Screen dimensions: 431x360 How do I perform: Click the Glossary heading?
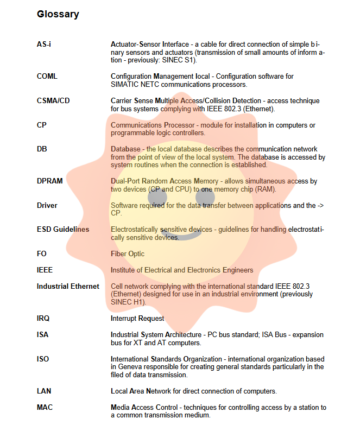pyautogui.click(x=58, y=15)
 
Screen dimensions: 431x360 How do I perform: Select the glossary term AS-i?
pyautogui.click(x=44, y=44)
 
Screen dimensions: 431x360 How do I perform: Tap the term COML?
pyautogui.click(x=47, y=77)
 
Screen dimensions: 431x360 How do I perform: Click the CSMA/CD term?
pyautogui.click(x=53, y=101)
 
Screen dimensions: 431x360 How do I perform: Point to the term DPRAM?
pyautogui.click(x=49, y=181)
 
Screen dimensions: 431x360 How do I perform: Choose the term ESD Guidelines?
pyautogui.click(x=63, y=230)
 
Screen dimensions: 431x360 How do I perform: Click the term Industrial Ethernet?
pyautogui.click(x=68, y=286)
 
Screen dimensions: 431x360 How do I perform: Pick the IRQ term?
pyautogui.click(x=43, y=319)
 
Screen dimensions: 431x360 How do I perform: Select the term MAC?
pyautogui.click(x=45, y=407)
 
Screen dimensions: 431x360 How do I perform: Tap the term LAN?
pyautogui.click(x=44, y=391)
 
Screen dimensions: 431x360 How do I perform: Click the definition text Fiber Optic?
pyautogui.click(x=128, y=253)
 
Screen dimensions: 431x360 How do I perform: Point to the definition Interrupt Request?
pyautogui.click(x=137, y=319)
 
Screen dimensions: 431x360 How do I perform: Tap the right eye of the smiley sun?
pyautogui.click(x=205, y=198)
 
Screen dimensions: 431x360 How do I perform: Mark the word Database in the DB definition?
pyautogui.click(x=125, y=149)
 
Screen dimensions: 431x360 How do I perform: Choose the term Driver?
pyautogui.click(x=47, y=206)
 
